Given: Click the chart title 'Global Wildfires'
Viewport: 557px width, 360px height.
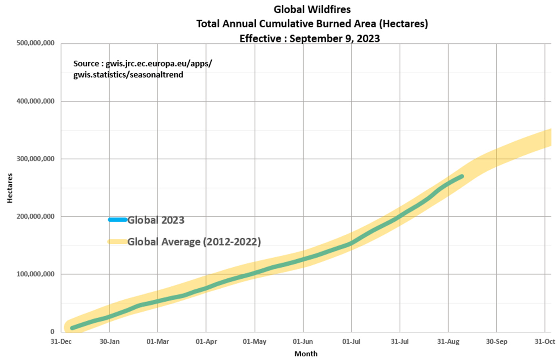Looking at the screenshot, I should point(312,9).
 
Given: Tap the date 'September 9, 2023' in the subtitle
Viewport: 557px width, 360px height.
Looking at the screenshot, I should point(335,38).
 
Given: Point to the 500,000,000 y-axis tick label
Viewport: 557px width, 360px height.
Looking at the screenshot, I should point(35,43).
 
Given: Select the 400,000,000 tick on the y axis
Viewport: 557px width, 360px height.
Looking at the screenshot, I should point(35,101).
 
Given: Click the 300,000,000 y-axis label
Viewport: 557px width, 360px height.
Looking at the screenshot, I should point(35,159).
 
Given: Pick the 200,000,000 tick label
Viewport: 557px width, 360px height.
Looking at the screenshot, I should point(35,216).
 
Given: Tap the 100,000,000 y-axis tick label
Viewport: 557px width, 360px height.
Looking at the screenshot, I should point(35,274).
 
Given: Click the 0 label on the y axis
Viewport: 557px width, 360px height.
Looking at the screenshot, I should point(52,332).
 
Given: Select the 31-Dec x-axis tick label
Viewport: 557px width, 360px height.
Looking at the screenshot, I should point(61,341).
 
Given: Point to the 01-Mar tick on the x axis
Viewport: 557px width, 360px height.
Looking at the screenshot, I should point(158,341).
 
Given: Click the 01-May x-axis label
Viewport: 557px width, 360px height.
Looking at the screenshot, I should point(255,341).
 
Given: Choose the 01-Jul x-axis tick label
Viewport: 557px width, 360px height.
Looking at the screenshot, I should point(351,341).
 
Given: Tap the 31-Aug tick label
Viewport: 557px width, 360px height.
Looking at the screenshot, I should point(448,341).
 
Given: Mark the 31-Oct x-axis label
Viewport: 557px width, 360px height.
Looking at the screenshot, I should point(545,341).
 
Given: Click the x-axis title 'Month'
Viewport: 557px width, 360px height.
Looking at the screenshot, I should point(306,354).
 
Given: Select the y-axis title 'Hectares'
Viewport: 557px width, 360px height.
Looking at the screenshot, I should point(10,188).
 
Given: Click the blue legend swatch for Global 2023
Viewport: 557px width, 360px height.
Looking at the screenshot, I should point(117,220).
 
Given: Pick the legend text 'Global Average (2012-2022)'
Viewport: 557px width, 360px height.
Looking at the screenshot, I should point(194,241).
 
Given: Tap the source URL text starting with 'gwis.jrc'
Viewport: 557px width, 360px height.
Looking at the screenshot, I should point(159,63).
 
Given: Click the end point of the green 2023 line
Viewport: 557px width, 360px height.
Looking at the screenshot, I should point(461,176).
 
